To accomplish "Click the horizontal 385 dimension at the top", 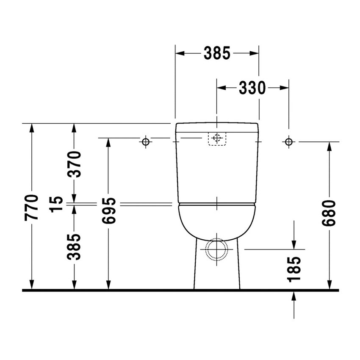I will tap(216, 53).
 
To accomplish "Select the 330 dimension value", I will tap(252, 88).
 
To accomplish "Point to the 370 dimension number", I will tap(74, 165).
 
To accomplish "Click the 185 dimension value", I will tap(294, 269).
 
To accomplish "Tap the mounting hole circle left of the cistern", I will tap(146, 141).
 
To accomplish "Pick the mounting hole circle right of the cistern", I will tap(288, 141).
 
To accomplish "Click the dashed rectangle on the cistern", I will tap(217, 138).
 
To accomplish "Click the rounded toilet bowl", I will tap(217, 222).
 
